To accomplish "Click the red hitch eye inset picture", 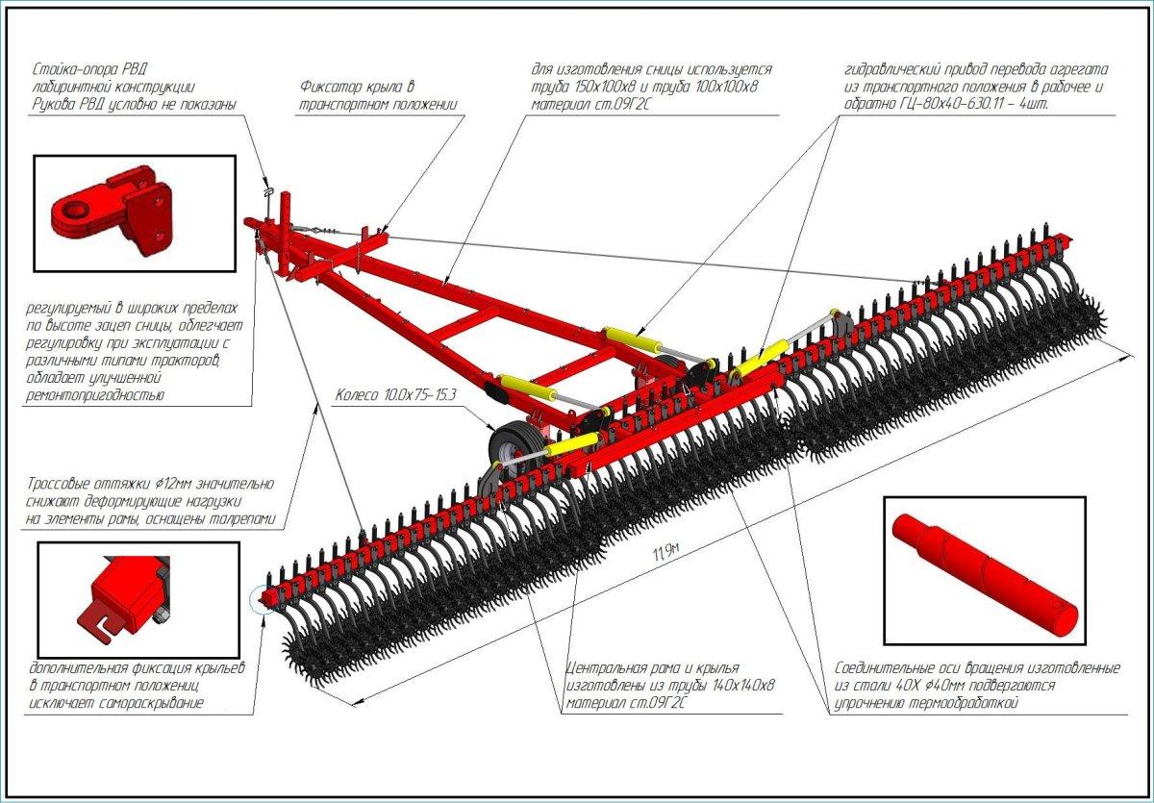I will click(x=134, y=214).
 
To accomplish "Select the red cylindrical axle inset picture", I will click(x=984, y=570).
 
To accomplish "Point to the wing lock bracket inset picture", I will click(x=137, y=599).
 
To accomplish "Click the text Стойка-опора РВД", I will click(x=91, y=69).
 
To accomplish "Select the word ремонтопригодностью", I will click(x=96, y=395).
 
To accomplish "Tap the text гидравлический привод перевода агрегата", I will click(x=976, y=70).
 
